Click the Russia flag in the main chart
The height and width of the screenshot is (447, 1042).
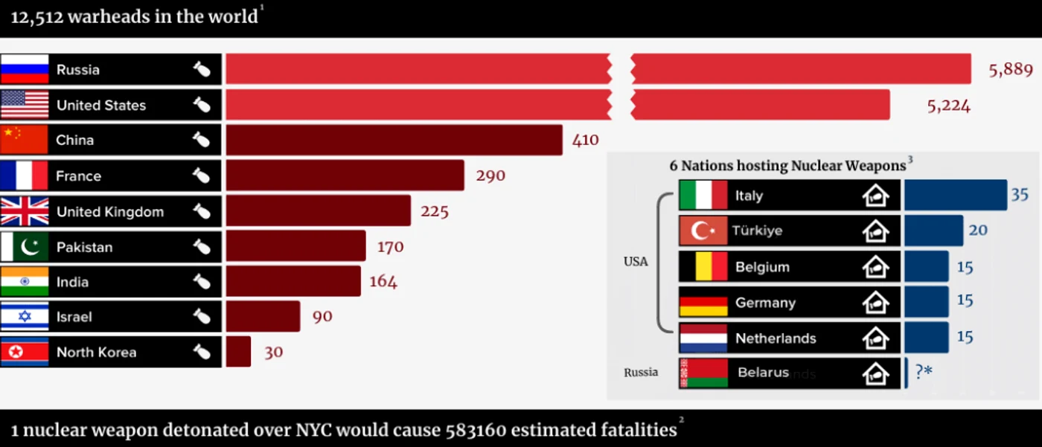[25, 69]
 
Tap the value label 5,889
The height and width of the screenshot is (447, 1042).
[1011, 70]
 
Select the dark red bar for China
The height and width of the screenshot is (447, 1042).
[394, 140]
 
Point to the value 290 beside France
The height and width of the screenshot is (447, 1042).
[490, 176]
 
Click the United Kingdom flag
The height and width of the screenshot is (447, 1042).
[25, 211]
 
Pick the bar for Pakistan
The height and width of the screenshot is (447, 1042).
[296, 245]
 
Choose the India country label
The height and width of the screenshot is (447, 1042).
[72, 282]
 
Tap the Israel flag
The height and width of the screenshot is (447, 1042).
[25, 316]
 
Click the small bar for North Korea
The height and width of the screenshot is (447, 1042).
[238, 352]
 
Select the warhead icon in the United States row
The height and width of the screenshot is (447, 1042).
[202, 105]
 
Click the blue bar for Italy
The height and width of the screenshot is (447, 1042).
[956, 195]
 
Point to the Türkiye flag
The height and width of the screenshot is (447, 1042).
[703, 231]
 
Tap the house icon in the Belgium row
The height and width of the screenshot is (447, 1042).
[875, 267]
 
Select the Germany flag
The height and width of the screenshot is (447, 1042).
[703, 302]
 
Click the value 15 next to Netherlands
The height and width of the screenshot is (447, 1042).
[965, 336]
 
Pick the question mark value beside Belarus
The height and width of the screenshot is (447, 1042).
[924, 371]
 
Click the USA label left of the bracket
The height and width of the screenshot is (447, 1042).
[636, 262]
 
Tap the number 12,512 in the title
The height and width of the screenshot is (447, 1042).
[36, 17]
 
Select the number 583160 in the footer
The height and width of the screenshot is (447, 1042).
[476, 430]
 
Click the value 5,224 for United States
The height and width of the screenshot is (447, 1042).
[948, 106]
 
